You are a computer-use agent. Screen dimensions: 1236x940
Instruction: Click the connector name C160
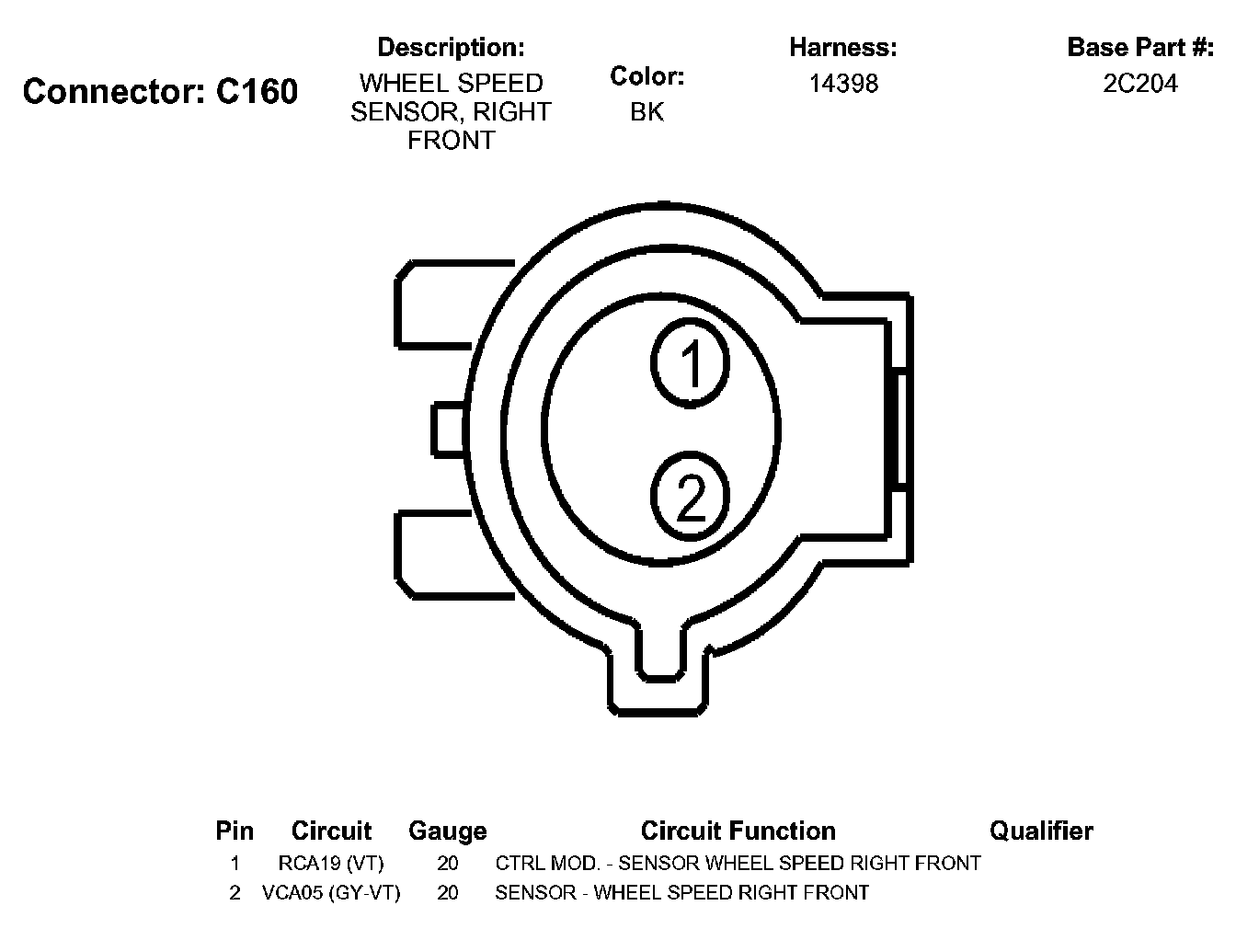(x=257, y=92)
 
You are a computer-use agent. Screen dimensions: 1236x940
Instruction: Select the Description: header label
(x=451, y=47)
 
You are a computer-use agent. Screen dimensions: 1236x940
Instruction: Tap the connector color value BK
(x=647, y=112)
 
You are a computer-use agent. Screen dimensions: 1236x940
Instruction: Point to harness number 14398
(x=843, y=84)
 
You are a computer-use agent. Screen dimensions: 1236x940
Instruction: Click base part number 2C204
(x=1139, y=84)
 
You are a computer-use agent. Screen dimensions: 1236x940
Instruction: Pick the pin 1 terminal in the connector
(x=691, y=361)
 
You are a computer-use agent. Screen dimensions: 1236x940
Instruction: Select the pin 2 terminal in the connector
(x=691, y=497)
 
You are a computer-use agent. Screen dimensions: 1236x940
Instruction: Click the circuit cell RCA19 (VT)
(x=330, y=864)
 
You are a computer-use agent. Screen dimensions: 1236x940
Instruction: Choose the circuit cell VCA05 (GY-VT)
(x=331, y=892)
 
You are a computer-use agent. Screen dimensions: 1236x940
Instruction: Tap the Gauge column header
(x=447, y=831)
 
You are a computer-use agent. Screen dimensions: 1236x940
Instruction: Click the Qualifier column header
(x=1040, y=831)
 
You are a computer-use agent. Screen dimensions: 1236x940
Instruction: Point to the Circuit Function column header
(x=738, y=831)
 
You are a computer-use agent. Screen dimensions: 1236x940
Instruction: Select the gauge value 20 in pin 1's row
(x=447, y=864)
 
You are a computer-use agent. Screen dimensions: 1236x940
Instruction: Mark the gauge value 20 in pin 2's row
(x=447, y=892)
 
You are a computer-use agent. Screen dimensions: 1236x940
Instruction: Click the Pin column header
(x=235, y=831)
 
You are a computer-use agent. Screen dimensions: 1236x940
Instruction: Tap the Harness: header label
(x=842, y=47)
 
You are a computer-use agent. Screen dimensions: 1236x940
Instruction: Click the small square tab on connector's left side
(x=449, y=430)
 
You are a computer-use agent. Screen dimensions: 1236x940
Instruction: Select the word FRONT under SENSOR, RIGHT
(x=451, y=141)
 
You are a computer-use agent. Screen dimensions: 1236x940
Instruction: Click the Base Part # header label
(x=1139, y=47)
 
